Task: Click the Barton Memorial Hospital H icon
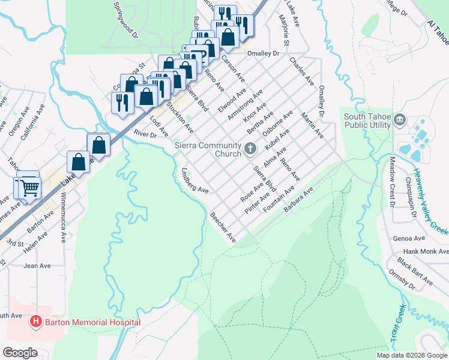35,322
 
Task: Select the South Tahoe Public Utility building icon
400,122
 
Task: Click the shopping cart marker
29,188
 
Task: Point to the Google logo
20,352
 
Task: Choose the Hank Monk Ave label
426,251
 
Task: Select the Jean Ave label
37,265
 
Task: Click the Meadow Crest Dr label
392,178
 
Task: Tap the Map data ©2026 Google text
411,355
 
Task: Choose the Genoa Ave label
409,238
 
